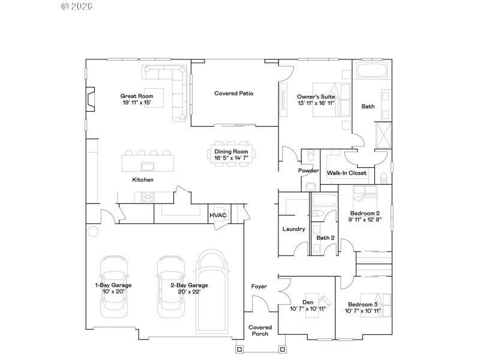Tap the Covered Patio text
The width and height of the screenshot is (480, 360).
(234, 93)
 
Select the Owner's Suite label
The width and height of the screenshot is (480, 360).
(316, 96)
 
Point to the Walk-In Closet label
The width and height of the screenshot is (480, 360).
(346, 173)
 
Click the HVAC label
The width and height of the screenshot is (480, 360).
(217, 215)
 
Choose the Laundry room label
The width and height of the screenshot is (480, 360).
(293, 229)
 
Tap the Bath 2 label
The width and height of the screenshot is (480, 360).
(325, 238)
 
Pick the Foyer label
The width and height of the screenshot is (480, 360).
(259, 286)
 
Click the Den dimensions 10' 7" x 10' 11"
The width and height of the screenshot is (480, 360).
(307, 308)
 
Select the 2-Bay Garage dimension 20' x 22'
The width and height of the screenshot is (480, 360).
(189, 292)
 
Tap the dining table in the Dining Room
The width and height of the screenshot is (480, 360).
(231, 152)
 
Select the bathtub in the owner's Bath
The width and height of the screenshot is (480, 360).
(372, 71)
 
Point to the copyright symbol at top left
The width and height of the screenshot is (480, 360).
(65, 6)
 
